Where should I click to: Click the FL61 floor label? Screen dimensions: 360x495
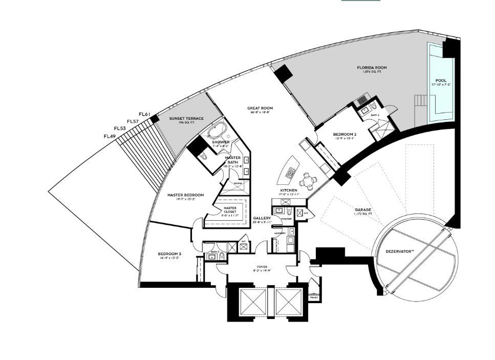click(144, 114)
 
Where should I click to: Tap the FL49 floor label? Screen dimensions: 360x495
click(110, 136)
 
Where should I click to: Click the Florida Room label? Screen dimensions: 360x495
click(372, 68)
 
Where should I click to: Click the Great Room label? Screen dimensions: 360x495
click(260, 109)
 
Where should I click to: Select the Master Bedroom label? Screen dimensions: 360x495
click(186, 195)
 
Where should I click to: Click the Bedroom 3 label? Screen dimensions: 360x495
click(169, 253)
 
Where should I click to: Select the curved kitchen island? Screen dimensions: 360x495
click(287, 169)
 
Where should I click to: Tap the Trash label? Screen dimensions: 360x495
click(314, 297)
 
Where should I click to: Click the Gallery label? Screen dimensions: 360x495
click(262, 218)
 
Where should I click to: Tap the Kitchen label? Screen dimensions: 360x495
click(289, 190)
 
